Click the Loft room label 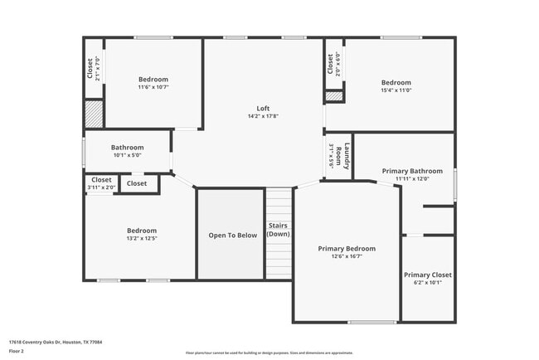click(x=263, y=109)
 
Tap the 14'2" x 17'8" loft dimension click(x=263, y=117)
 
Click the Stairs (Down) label click(x=279, y=230)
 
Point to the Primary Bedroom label click(x=347, y=248)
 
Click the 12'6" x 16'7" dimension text click(x=347, y=256)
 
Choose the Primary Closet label click(x=428, y=275)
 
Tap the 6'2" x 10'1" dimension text click(x=428, y=282)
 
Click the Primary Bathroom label click(x=412, y=171)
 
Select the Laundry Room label click(x=348, y=157)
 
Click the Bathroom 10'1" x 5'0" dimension click(x=128, y=154)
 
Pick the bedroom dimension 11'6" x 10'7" click(x=153, y=87)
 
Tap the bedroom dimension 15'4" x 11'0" click(x=396, y=90)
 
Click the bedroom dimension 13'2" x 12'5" click(x=142, y=239)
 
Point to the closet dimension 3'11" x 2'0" click(x=101, y=187)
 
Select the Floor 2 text click(x=17, y=351)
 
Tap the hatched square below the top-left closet click(x=94, y=113)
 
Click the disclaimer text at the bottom click(x=269, y=353)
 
